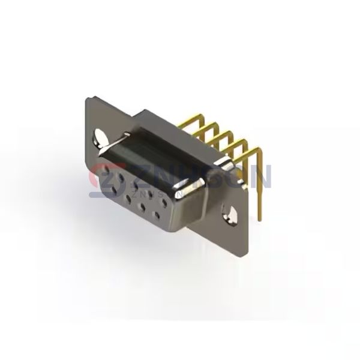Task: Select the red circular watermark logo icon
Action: click(x=103, y=178)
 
